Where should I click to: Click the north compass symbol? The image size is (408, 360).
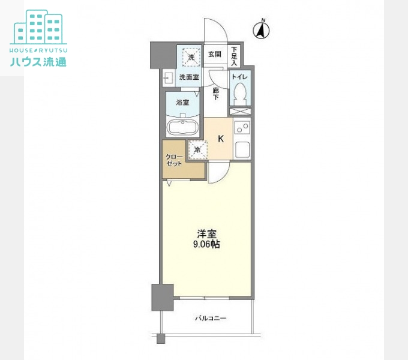(261, 29)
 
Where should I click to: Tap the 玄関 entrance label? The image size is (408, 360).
(215, 55)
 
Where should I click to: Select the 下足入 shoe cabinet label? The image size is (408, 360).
(234, 56)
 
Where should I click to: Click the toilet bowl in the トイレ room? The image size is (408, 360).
(240, 94)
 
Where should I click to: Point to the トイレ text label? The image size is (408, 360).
(239, 77)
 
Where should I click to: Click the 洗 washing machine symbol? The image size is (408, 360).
(191, 58)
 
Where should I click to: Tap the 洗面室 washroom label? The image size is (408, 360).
(189, 77)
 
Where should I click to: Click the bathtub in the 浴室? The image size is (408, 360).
(182, 127)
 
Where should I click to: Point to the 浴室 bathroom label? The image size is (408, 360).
(182, 102)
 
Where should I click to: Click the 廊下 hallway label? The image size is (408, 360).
(216, 94)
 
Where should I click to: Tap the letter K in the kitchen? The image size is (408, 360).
(221, 139)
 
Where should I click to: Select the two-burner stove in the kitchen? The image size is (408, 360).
(242, 128)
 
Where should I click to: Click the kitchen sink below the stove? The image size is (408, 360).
(242, 150)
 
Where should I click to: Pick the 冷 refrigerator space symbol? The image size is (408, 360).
(198, 149)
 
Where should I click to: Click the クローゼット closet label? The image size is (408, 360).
(175, 160)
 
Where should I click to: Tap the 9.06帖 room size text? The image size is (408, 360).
(206, 245)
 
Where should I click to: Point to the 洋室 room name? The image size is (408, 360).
(206, 234)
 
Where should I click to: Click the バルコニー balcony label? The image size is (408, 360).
(211, 318)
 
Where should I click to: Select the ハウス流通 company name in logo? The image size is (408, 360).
(38, 62)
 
